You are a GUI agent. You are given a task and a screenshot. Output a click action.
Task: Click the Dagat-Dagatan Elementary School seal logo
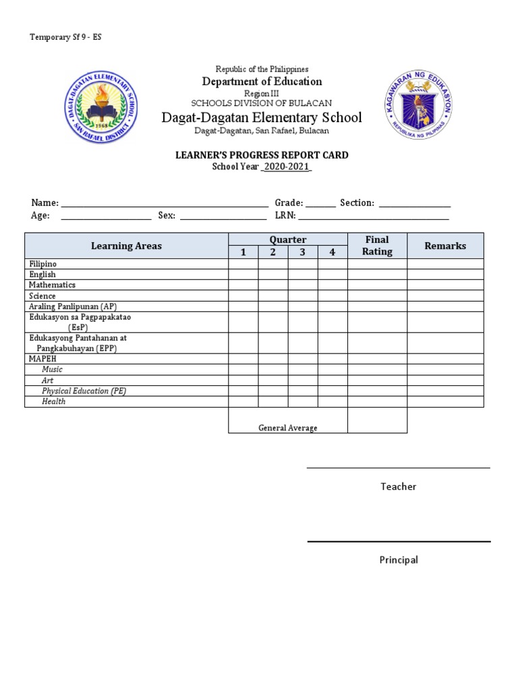[101, 108]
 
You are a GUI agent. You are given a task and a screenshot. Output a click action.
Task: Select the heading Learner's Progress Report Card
[262, 155]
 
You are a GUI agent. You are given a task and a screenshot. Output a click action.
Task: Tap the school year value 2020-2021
[287, 167]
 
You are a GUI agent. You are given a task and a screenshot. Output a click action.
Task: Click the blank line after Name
[165, 203]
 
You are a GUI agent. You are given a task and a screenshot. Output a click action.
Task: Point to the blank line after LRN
[374, 216]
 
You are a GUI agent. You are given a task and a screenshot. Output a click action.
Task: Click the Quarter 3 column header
[303, 252]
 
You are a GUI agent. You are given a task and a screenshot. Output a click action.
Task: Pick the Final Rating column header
[377, 246]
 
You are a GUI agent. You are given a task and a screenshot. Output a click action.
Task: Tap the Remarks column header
[445, 246]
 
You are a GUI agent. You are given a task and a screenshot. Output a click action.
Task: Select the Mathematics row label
[52, 285]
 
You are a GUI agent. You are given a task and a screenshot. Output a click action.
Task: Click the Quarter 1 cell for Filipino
[243, 264]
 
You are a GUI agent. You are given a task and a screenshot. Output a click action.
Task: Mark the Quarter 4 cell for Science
[333, 296]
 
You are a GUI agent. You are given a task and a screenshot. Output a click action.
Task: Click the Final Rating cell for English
[377, 275]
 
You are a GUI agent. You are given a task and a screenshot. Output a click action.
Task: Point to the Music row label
[52, 370]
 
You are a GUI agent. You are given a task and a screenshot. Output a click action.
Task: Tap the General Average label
[287, 428]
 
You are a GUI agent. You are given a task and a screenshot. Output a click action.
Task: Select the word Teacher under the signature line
[398, 487]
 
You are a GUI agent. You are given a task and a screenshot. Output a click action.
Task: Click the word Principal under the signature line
[398, 559]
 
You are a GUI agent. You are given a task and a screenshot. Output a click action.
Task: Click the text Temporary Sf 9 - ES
[65, 37]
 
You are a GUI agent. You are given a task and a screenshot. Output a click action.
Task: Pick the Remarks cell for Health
[445, 402]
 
